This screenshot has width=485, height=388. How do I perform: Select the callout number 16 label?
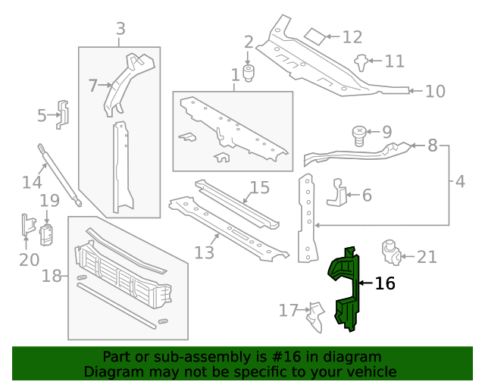385,283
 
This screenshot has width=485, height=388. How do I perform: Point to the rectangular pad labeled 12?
314,36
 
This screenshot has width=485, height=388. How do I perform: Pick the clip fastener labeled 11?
363,61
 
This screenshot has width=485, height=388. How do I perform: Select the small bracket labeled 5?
64,114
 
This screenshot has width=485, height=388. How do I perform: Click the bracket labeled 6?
337,194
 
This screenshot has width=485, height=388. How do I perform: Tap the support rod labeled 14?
60,174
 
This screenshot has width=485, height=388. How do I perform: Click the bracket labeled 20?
28,225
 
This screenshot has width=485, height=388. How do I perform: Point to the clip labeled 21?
391,252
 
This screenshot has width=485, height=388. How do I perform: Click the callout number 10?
435,92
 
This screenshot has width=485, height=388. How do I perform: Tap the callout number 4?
461,182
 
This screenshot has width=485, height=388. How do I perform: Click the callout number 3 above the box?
120,30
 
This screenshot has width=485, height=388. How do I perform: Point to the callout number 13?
205,252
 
